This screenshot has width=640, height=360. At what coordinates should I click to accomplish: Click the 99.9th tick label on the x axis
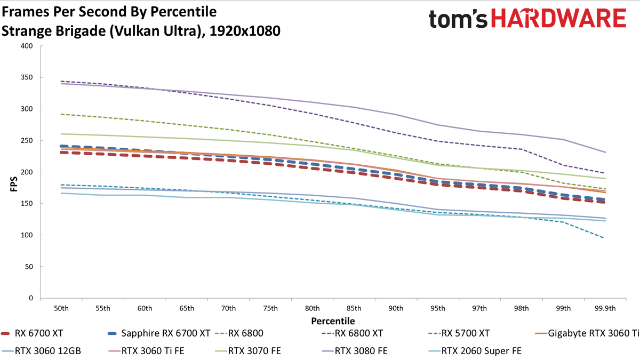coord(605,309)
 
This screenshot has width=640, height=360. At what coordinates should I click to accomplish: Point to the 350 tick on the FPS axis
coord(27,77)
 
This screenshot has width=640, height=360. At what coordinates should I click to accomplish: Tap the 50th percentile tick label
coord(61,309)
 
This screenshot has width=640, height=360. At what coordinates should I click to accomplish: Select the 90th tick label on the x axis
coord(396,309)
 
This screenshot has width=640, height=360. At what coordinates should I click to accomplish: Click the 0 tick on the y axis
coord(31,298)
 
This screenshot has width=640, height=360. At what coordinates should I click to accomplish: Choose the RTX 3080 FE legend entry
coord(354,351)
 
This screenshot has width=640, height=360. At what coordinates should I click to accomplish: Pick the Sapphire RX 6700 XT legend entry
coord(159,333)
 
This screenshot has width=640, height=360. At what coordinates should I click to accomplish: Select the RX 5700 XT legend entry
coord(459,333)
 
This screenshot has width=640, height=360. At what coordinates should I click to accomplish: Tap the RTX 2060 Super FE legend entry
coord(475,351)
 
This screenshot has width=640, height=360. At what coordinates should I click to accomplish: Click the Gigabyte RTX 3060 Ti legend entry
coord(587,333)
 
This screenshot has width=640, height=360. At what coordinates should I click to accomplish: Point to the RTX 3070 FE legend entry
coord(247,351)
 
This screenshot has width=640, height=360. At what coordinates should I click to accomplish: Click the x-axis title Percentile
coord(333,321)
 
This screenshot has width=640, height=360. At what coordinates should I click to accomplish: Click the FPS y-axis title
coord(14,183)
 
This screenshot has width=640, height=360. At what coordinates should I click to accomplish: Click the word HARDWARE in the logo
coord(558,18)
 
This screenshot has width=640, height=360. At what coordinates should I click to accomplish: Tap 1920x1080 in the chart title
coord(245,31)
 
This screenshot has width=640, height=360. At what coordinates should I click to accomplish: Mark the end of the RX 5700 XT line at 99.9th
coord(603,238)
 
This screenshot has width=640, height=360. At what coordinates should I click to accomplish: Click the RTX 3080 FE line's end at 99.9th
coord(605,153)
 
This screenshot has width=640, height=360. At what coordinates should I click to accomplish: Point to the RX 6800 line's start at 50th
coord(61,114)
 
